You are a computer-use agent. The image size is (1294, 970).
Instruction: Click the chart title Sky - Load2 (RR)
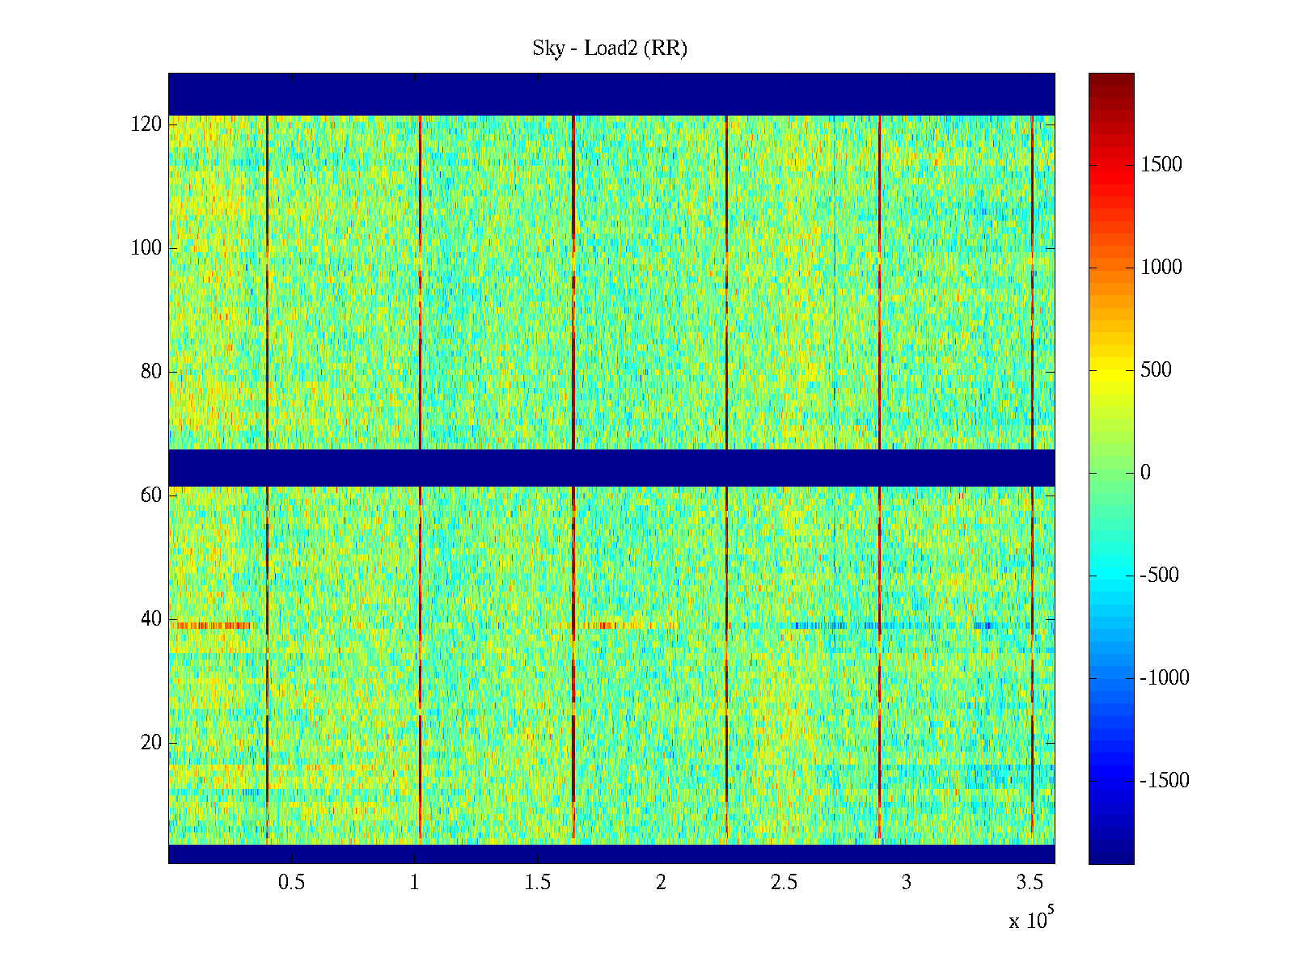click(610, 48)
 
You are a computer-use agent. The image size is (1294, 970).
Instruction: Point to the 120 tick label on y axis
click(146, 124)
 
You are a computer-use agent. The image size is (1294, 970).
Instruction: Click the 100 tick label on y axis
click(146, 248)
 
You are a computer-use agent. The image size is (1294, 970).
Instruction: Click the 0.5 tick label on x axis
click(291, 883)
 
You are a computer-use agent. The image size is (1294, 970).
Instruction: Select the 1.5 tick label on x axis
click(538, 883)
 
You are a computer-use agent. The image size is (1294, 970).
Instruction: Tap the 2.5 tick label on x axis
click(784, 883)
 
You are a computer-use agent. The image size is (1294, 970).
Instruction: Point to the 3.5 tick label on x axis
click(1030, 883)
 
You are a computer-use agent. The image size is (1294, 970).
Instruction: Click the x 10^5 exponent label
click(1030, 920)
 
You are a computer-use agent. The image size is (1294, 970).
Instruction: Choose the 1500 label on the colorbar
click(1161, 165)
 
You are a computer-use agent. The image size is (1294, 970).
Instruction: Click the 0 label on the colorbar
click(1145, 473)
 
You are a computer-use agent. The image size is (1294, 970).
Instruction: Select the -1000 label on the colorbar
click(1164, 678)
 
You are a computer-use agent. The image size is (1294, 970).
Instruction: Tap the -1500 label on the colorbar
click(1164, 781)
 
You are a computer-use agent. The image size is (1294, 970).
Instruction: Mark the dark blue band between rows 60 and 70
click(611, 468)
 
